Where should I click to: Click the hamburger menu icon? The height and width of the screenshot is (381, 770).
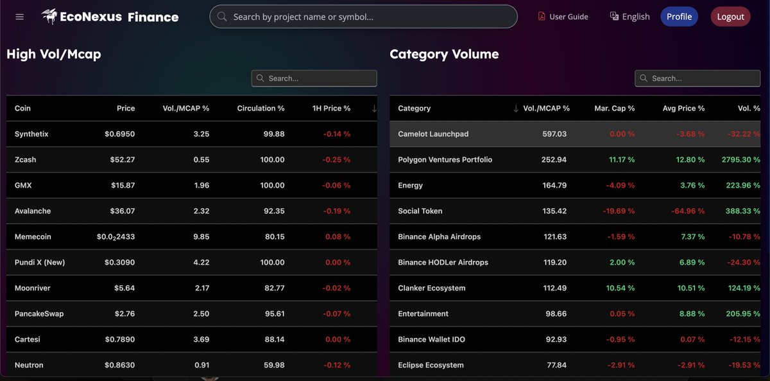[19, 17]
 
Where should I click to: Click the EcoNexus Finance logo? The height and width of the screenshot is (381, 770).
[110, 17]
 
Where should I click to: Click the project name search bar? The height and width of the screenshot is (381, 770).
[363, 17]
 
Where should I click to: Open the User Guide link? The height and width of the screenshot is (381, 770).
[563, 17]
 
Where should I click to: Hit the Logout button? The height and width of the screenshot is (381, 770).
[730, 17]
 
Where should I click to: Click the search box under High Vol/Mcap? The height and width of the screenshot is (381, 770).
[314, 78]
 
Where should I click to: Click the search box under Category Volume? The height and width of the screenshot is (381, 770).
[697, 78]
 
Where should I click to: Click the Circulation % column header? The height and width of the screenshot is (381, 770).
[261, 109]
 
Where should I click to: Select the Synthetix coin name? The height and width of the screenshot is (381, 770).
[31, 134]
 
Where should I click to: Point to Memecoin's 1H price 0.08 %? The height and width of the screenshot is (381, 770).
[338, 237]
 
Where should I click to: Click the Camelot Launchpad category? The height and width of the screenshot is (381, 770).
[433, 134]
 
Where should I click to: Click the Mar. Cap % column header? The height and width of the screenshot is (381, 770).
[614, 109]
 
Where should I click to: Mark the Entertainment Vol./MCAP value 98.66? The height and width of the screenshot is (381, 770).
[554, 314]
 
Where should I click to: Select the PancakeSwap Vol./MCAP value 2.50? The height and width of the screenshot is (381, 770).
[200, 314]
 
